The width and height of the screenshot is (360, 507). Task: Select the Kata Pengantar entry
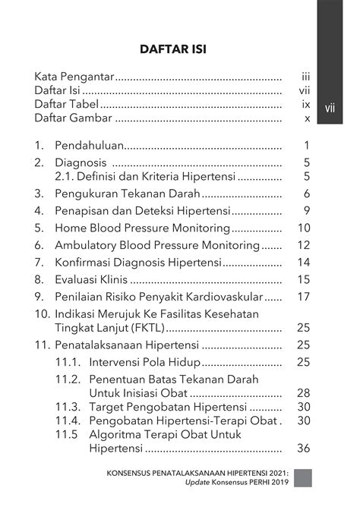74,77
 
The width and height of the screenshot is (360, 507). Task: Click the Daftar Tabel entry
67,105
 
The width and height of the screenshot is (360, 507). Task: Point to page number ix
306,105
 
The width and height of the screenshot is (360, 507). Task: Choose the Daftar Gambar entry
74,118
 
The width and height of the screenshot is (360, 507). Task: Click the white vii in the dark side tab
330,108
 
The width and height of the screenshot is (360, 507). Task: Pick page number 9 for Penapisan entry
307,211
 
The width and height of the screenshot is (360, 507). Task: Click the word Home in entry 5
71,228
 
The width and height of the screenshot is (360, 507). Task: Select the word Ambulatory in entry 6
87,245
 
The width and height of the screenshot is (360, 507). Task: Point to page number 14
304,263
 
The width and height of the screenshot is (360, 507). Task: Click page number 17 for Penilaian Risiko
304,297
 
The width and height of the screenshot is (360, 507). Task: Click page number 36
303,449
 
